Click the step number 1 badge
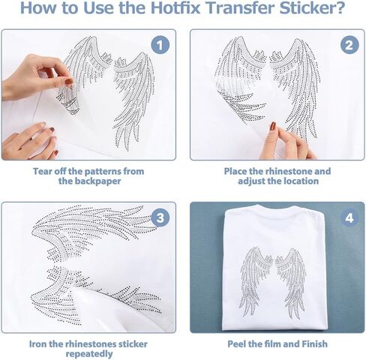click(160, 45)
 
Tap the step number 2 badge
click(349, 45)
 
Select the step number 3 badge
click(160, 217)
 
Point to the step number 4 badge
click(349, 217)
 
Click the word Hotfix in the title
click(175, 7)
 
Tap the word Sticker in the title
click(312, 7)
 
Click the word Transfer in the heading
click(240, 7)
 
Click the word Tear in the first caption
click(40, 171)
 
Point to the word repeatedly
click(89, 354)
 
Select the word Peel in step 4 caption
click(235, 344)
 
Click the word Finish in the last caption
click(314, 344)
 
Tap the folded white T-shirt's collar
click(274, 207)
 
